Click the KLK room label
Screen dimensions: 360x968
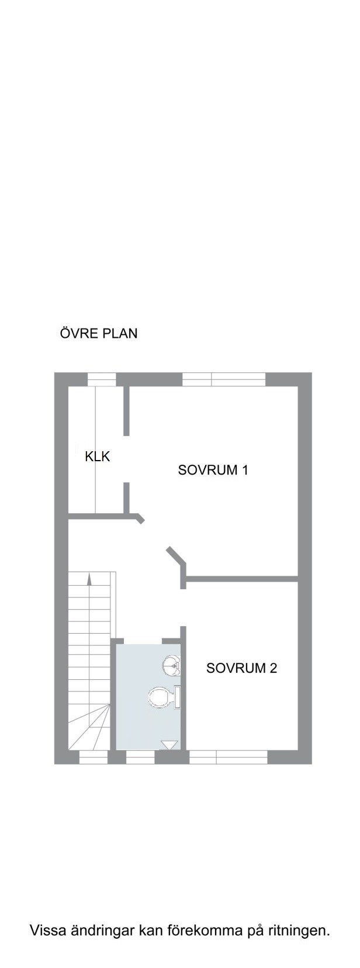pos(97,457)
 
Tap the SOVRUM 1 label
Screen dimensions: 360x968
pos(213,470)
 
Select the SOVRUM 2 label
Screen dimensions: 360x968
pos(241,668)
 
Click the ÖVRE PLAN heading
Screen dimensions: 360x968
pos(99,333)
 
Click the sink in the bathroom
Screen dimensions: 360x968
pos(174,666)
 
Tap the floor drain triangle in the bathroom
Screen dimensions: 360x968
pos(169,745)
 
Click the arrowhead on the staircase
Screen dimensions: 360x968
pos(89,579)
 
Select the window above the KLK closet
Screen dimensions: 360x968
pos(102,379)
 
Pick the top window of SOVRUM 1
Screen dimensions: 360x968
pos(223,379)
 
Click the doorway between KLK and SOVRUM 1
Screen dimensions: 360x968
pos(127,459)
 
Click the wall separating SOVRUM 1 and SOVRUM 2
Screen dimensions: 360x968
pos(242,578)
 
